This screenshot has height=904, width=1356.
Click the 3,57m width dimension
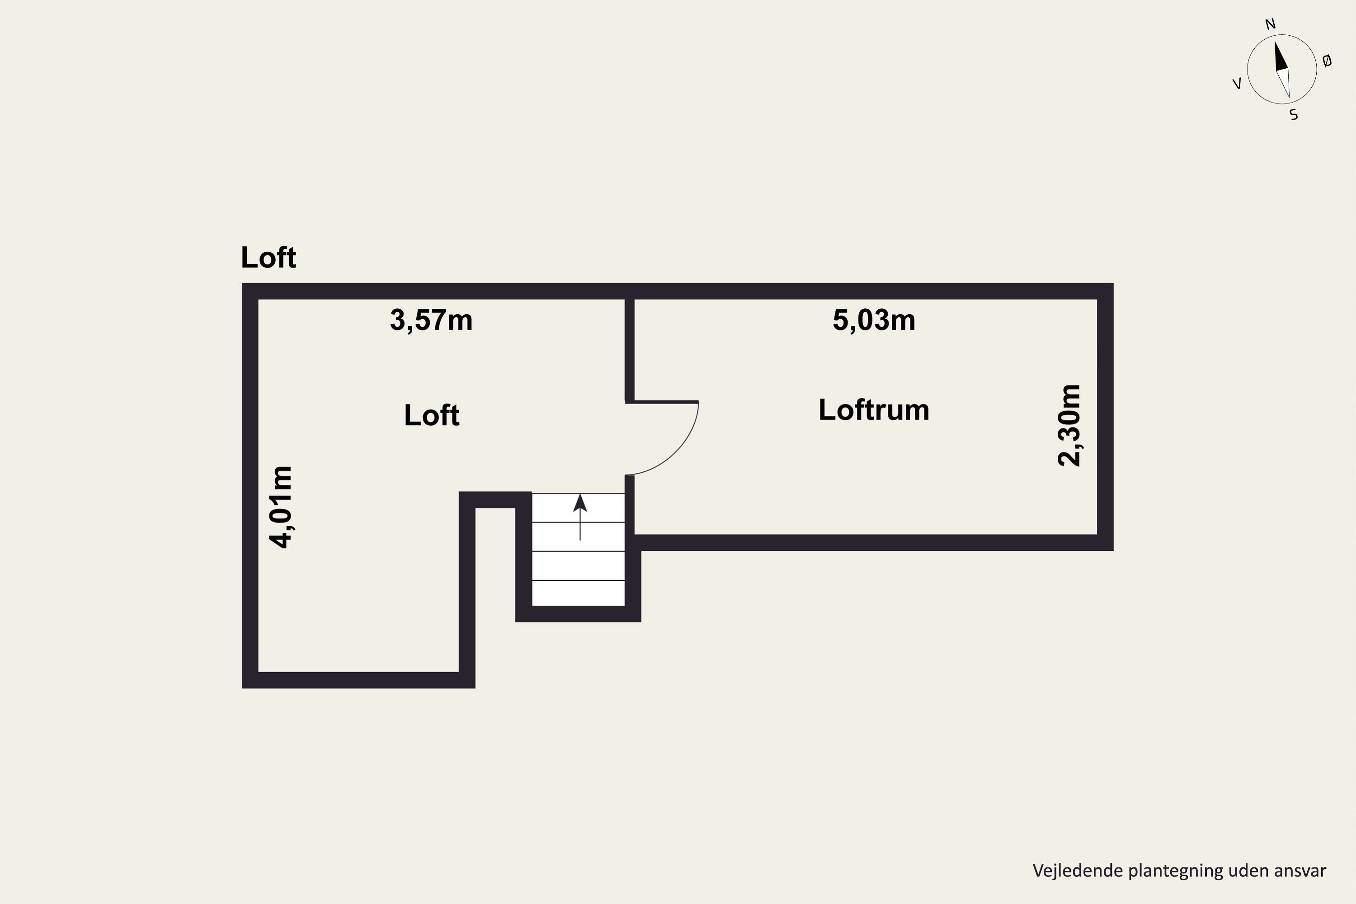431,320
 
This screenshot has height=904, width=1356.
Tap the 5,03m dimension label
874,320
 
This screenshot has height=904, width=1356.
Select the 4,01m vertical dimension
281,507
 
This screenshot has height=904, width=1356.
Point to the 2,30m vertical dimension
1069,425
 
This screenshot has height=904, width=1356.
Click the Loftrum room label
874,410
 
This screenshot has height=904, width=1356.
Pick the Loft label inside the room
432,415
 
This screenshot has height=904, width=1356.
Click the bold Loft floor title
268,257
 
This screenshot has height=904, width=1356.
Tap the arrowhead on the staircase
580,503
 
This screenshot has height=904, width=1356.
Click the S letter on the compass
1294,115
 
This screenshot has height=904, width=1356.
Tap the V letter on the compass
1237,84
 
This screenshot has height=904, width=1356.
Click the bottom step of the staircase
578,593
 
